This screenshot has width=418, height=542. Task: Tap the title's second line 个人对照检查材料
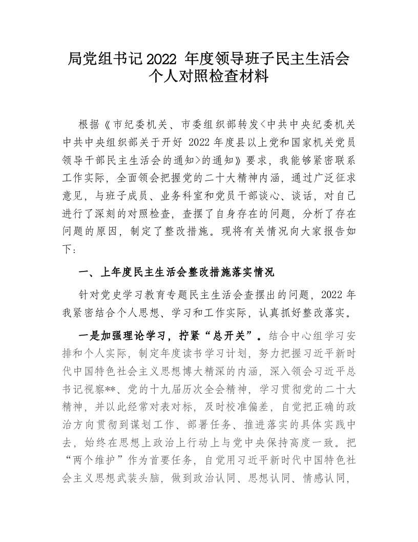click(208, 78)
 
